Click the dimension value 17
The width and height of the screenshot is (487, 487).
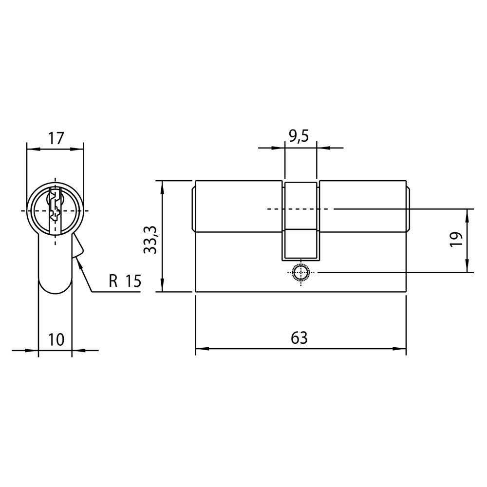56,138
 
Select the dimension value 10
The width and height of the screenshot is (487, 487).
56,339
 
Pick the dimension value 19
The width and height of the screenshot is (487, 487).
455,241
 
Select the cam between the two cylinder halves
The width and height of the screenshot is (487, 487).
300,219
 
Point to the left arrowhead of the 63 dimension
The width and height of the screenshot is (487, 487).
197,349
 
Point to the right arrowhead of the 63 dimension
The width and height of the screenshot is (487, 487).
405,349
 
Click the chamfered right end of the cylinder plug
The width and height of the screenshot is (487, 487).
408,208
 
